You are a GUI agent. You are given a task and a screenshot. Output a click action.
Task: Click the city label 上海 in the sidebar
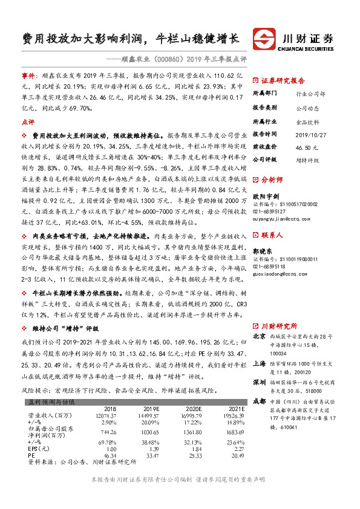click(259, 347)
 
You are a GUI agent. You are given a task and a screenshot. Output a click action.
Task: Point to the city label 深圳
click(259, 365)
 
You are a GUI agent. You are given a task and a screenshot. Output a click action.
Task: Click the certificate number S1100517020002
click(292, 205)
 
